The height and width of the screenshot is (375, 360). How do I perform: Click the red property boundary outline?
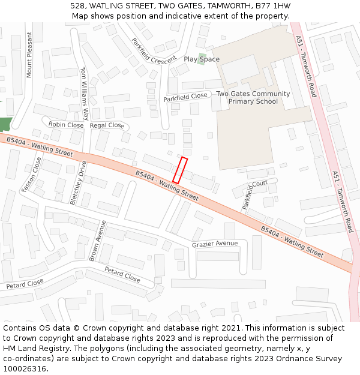click(180, 170)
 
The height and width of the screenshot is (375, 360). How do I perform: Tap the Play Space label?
click(202, 59)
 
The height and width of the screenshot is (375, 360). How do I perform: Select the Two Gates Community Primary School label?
click(253, 98)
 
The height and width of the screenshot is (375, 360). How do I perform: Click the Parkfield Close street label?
click(185, 97)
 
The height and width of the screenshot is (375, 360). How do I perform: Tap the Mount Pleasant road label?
click(29, 55)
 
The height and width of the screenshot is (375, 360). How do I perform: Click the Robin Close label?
click(66, 125)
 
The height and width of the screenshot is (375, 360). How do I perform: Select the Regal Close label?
click(107, 125)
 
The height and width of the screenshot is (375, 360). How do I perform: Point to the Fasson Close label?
click(32, 175)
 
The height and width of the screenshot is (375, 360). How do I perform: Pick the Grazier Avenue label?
click(215, 244)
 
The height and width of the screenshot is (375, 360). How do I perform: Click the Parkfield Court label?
click(254, 194)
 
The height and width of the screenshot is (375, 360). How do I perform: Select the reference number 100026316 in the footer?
click(25, 368)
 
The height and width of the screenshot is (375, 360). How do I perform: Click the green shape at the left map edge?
click(5, 124)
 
